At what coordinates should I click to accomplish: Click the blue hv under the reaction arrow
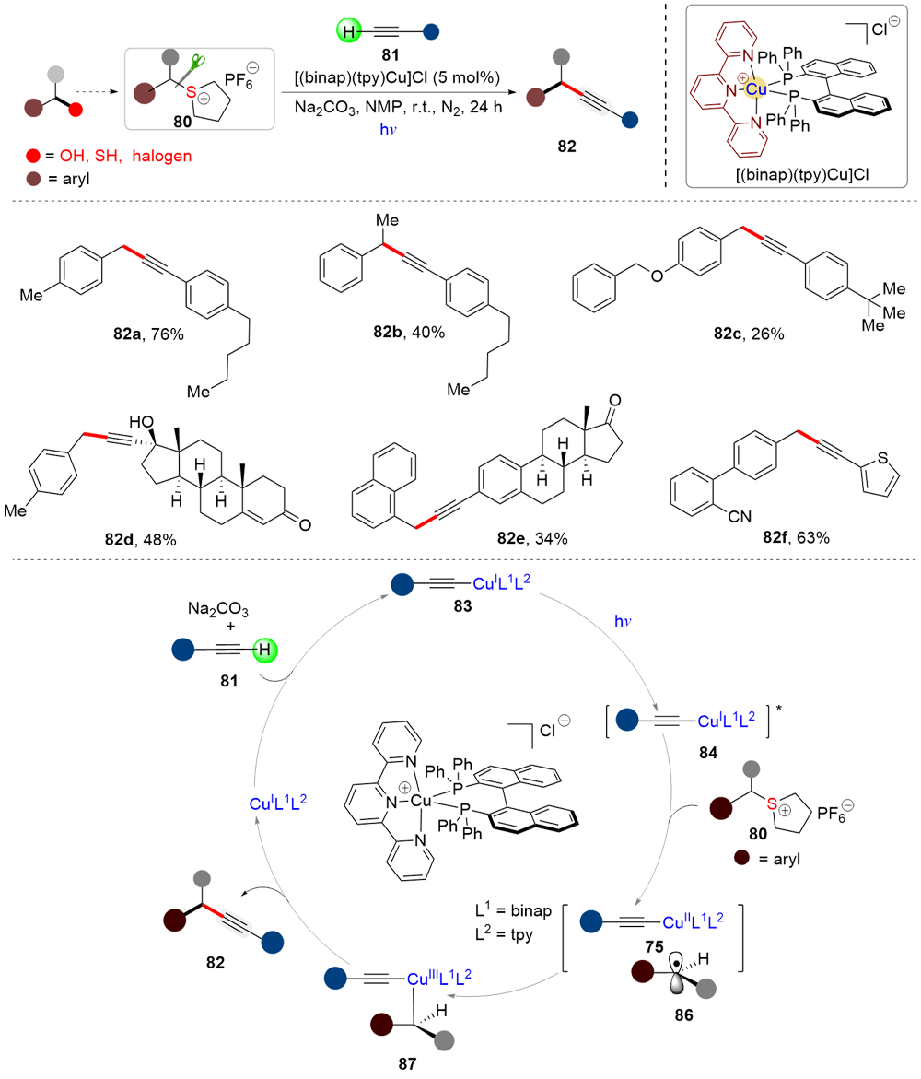[387, 132]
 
